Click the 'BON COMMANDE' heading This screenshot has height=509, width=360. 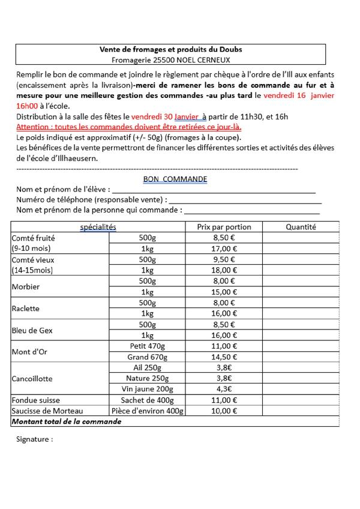pos(175,179)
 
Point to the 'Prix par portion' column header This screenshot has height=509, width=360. pos(224,227)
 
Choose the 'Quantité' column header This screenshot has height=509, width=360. pos(301,227)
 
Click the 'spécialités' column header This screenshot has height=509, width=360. pos(98,227)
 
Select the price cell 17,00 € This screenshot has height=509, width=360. pos(224,248)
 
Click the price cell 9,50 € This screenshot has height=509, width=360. pos(224,259)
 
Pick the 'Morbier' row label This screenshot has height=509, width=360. pos(26,286)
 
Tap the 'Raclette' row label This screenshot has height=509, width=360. pos(26,309)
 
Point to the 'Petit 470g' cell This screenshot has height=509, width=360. pos(147,346)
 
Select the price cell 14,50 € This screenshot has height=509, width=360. pos(224,357)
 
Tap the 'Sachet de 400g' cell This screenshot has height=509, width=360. pos(147,400)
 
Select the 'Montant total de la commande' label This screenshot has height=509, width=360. pos(67,421)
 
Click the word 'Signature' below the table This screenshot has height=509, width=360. pos(34,439)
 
